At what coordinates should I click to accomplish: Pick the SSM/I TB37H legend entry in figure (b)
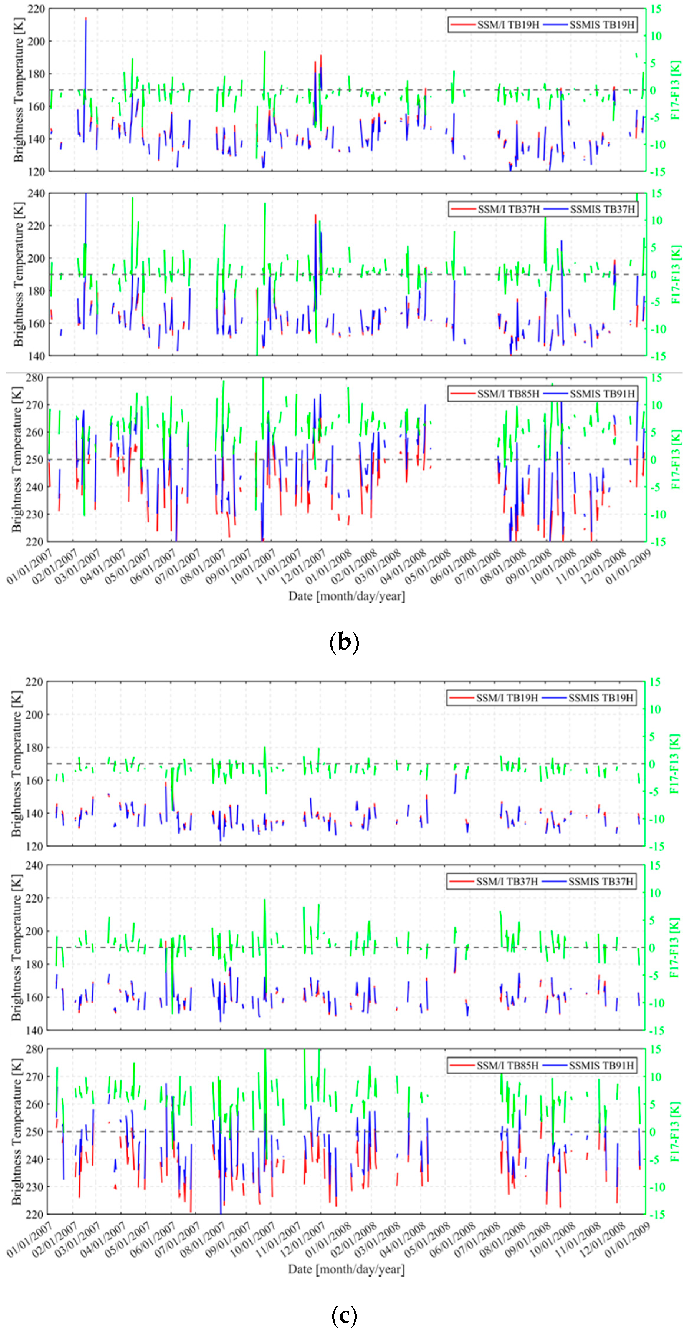[x=495, y=209]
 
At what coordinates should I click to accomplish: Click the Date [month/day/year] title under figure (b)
[x=347, y=596]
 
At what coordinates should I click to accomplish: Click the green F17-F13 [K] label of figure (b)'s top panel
[x=675, y=90]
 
